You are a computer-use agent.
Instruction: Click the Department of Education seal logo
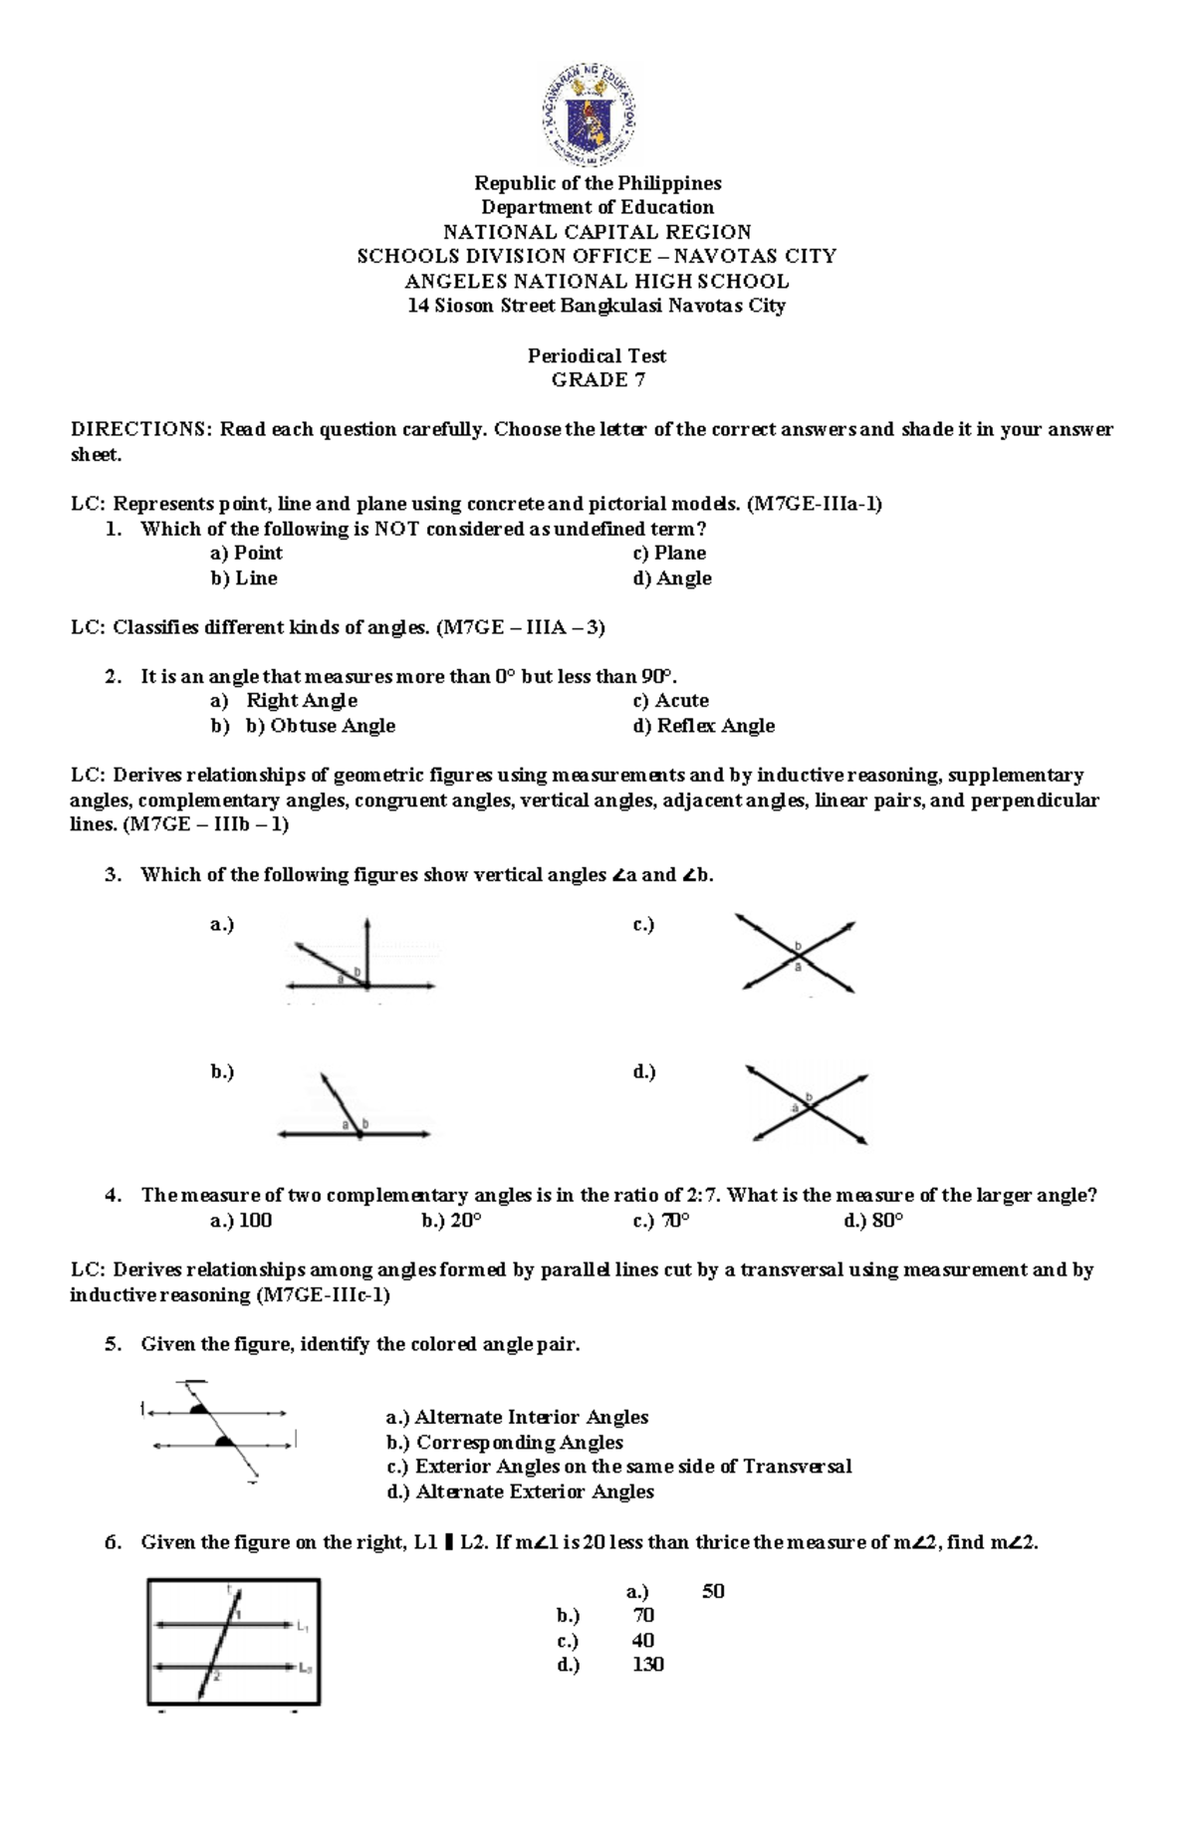(588, 114)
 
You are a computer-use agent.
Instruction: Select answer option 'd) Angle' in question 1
(672, 578)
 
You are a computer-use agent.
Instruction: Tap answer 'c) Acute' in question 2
(671, 701)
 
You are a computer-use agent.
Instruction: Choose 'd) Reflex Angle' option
(703, 726)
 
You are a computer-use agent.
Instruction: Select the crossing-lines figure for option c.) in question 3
(797, 954)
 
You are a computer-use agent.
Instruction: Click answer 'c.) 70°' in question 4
(661, 1221)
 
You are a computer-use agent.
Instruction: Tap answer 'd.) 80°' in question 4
(873, 1221)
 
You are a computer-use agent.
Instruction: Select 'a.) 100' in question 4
(241, 1221)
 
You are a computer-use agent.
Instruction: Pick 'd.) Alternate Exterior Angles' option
(520, 1491)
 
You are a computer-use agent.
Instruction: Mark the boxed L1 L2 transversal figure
(233, 1642)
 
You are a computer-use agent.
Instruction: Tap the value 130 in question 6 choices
(648, 1665)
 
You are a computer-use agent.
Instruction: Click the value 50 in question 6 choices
(713, 1591)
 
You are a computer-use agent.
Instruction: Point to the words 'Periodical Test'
(597, 355)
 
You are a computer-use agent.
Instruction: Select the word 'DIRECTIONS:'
(140, 430)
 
